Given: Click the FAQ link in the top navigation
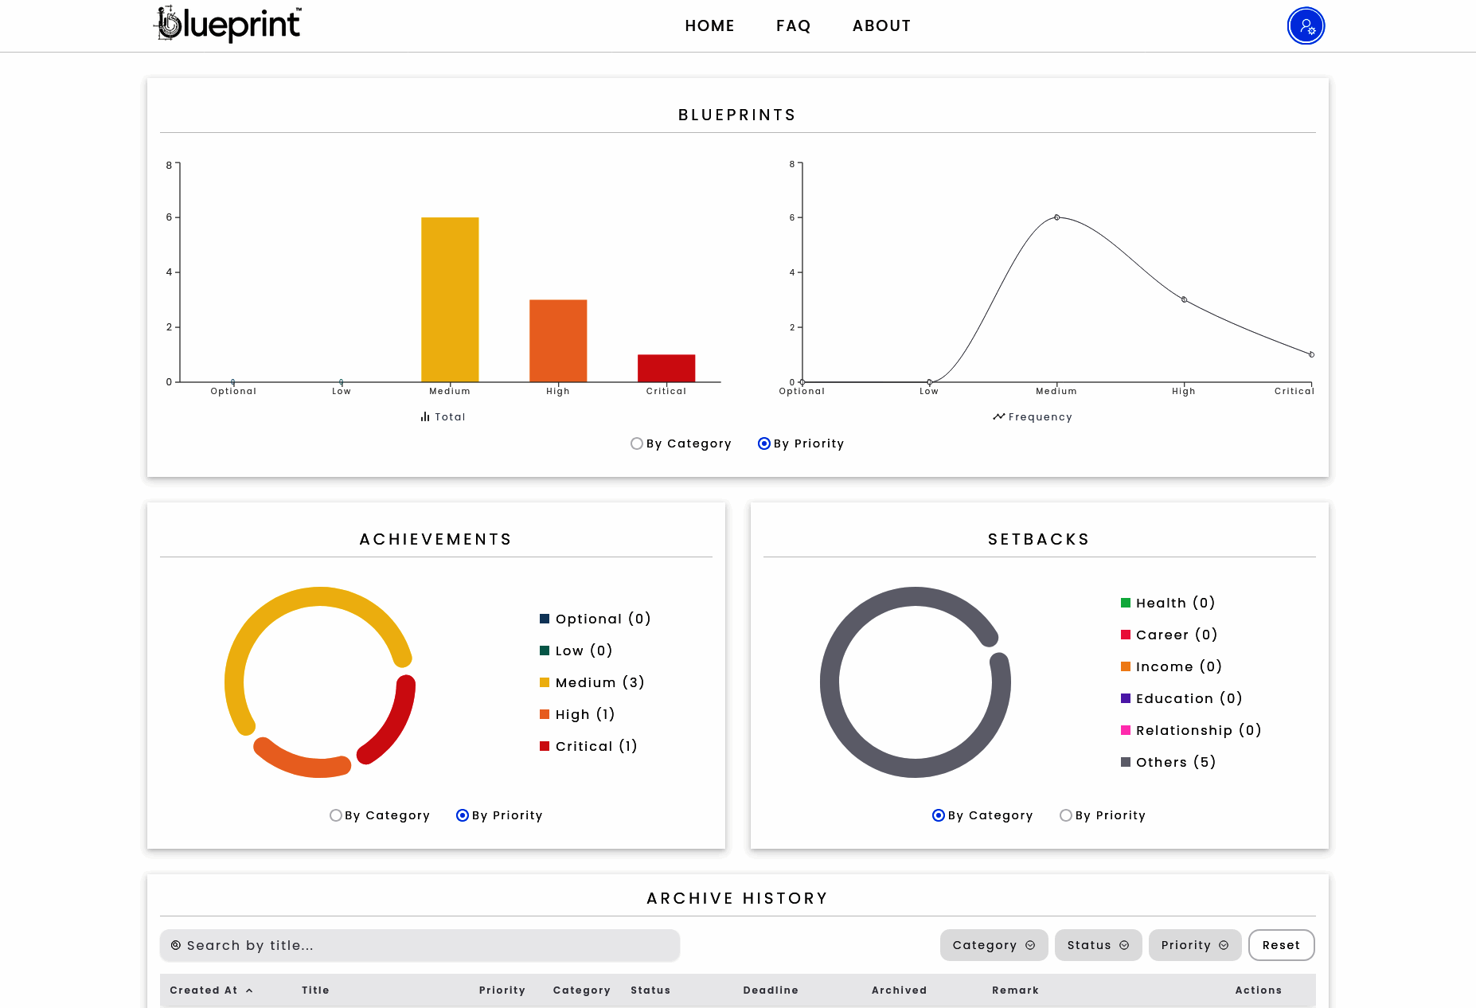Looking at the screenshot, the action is click(793, 26).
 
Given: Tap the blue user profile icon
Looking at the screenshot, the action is click(1306, 26).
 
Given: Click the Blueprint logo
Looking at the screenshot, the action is click(228, 24).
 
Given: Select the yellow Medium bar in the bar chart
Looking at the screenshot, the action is click(450, 299).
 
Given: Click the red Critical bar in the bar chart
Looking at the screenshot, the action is click(666, 368).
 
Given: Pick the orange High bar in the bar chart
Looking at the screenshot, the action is click(558, 341).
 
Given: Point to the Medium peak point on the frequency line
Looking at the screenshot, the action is click(1056, 217).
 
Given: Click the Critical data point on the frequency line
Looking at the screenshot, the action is click(1311, 354).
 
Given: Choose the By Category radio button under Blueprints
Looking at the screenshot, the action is click(637, 443).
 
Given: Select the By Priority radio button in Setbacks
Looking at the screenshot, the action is click(1066, 815).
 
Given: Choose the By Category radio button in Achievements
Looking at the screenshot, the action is click(336, 815).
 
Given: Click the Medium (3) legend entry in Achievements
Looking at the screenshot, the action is click(592, 682).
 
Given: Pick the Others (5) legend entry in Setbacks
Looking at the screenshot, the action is click(1168, 762).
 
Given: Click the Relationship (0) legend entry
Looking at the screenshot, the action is click(1191, 730).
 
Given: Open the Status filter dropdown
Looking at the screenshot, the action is click(1098, 945).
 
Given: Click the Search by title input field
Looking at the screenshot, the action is click(420, 945).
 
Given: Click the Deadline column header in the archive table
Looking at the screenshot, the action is click(771, 990).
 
